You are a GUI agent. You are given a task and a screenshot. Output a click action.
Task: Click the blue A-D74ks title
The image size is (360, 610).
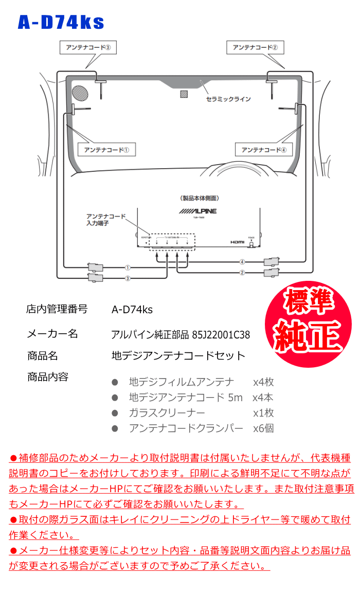[x=61, y=22]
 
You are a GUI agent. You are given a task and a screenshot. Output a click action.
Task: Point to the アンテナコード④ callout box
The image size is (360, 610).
[x=263, y=150]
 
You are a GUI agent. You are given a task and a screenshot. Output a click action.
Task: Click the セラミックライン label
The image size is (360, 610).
[x=228, y=99]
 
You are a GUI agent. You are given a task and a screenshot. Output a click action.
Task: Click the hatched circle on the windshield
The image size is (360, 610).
[x=80, y=93]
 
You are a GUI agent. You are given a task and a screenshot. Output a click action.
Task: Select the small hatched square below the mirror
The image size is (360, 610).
[x=184, y=94]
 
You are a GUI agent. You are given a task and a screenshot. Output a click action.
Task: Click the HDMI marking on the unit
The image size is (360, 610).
[x=237, y=241]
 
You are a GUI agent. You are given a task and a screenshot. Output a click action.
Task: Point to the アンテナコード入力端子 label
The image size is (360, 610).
[x=105, y=220]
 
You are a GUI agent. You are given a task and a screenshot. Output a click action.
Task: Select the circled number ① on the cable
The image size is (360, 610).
[x=128, y=268]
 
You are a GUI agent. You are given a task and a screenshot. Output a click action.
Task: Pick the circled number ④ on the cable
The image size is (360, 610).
[x=242, y=261]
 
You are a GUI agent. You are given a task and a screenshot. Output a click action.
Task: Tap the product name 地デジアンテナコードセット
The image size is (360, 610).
[x=178, y=356]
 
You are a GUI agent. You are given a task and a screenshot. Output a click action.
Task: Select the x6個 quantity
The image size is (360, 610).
[x=263, y=428]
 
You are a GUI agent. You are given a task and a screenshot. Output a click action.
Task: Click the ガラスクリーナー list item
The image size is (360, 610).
[x=167, y=412]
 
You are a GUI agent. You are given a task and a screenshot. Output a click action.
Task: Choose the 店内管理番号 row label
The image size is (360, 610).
[x=57, y=309]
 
